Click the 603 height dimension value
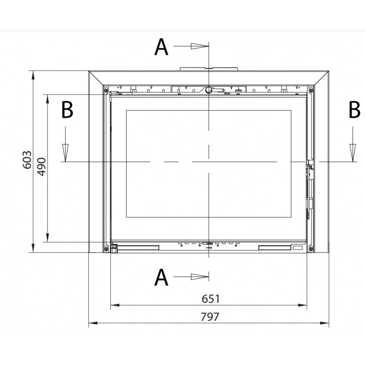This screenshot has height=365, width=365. (x=27, y=160)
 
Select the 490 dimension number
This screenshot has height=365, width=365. (x=42, y=167)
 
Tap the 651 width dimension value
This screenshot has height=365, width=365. (x=210, y=299)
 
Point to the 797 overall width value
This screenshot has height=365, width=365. (x=210, y=317)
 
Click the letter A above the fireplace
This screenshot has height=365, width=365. (x=161, y=47)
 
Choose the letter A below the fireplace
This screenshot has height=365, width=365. (x=161, y=277)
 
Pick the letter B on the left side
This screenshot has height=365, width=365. (x=67, y=110)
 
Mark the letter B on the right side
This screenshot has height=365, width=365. (x=355, y=110)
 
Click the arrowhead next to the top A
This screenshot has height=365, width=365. (x=200, y=46)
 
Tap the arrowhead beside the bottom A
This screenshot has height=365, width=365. (x=200, y=277)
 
